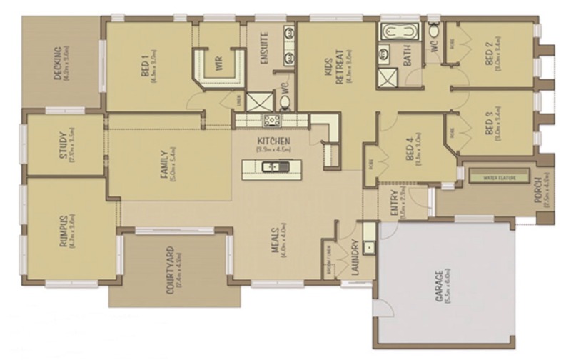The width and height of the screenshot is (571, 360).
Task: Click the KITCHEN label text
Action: pos(273,141)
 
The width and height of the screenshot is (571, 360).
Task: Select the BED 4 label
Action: pos(411,151)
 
